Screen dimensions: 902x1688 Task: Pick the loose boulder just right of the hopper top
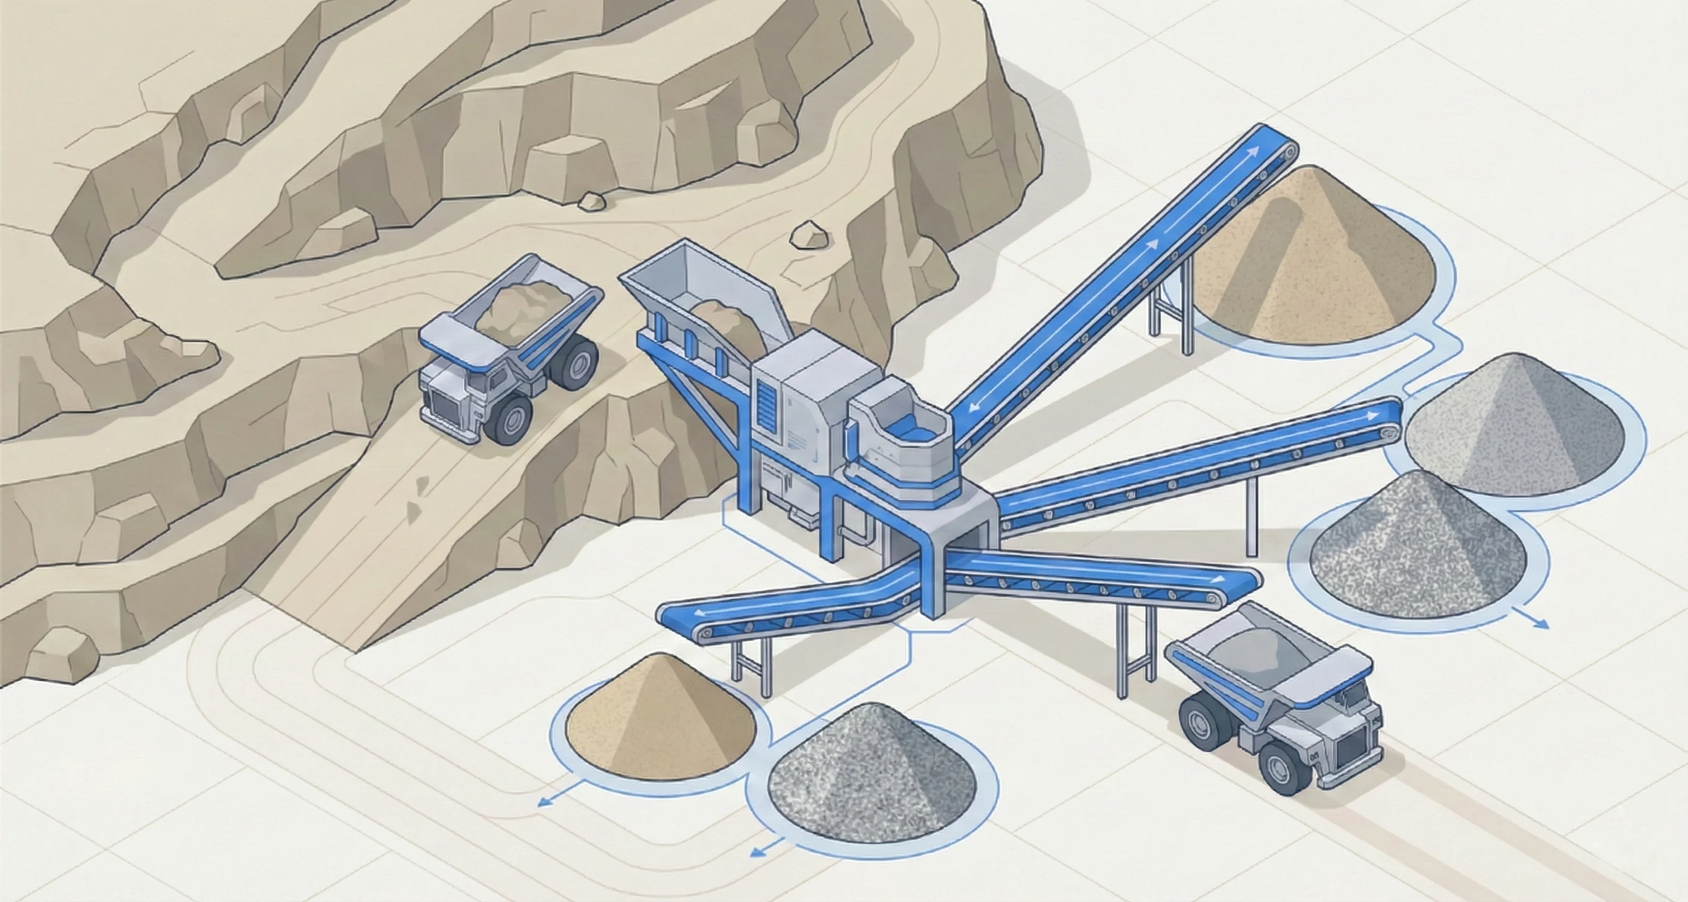(809, 235)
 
